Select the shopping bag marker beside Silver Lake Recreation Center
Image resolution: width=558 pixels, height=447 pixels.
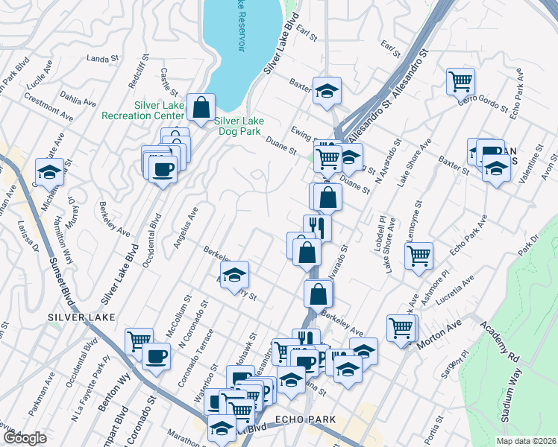click(x=201, y=107)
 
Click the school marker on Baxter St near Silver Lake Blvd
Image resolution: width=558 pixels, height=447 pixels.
click(x=326, y=91)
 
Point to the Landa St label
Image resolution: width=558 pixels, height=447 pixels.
click(x=103, y=58)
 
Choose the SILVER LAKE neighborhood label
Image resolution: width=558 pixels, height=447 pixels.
click(x=82, y=317)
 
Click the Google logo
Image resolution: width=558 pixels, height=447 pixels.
click(x=25, y=438)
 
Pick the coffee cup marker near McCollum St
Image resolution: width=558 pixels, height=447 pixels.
click(x=157, y=357)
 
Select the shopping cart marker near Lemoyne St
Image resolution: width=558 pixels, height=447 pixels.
click(x=418, y=255)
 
